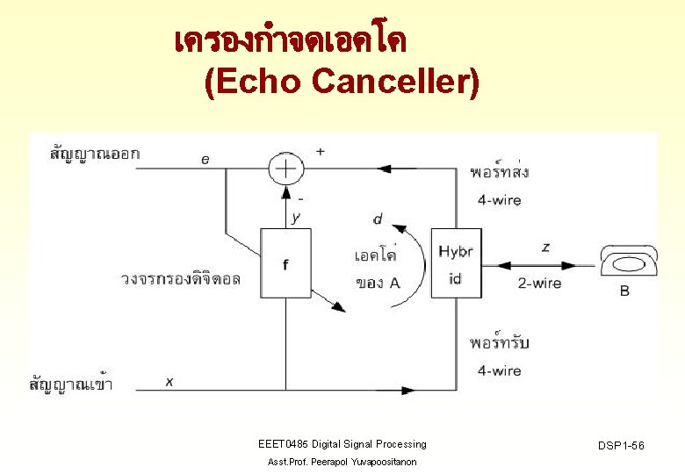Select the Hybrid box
click(455, 263)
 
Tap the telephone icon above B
click(628, 261)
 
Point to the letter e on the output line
click(205, 159)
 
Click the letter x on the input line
click(169, 381)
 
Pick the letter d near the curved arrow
click(378, 219)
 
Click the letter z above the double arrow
click(545, 248)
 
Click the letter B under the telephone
click(624, 291)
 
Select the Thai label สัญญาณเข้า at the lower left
click(76, 384)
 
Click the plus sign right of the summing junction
click(321, 151)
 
